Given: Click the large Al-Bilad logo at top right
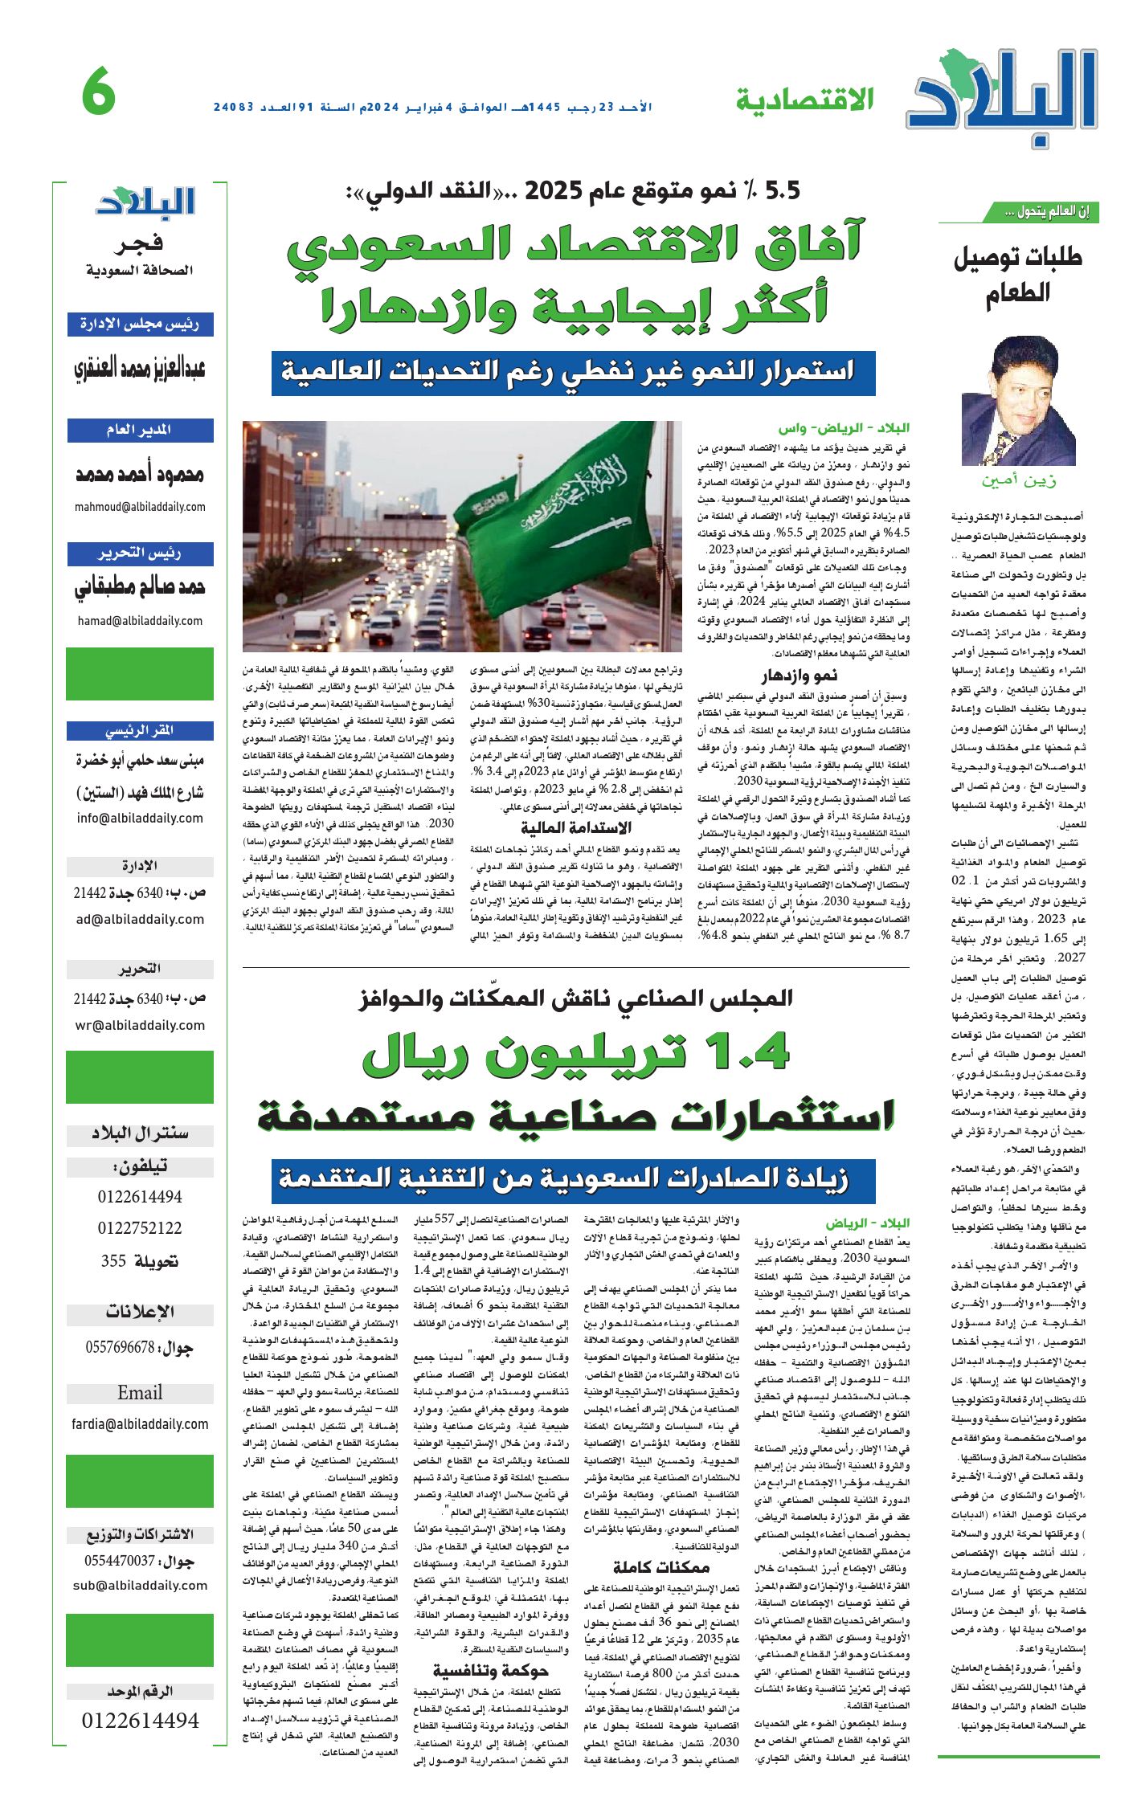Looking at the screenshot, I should pos(1004,96).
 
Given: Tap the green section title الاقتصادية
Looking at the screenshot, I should pos(804,100).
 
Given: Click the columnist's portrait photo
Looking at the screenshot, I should pos(1009,402).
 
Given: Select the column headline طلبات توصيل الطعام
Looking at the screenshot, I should pos(1017,274).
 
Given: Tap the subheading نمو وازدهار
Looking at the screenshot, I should pos(800,675).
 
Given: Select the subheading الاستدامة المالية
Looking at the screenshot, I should pos(576,827).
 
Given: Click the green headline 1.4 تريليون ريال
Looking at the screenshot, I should pos(575,1053).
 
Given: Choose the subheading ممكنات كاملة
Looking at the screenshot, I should pos(660,1566).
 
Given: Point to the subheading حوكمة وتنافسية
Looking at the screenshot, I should pos(491,1671).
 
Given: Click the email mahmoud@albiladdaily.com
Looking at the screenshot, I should pos(140,507).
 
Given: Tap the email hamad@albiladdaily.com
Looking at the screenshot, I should pos(140,621).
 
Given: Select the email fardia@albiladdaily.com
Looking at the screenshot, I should pos(140,1424).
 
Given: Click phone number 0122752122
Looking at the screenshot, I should pos(140,1228).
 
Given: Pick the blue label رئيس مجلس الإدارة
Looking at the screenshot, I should pos(140,324).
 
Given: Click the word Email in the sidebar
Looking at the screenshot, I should pos(140,1392).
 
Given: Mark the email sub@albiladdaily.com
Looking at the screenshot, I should pos(140,1586).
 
